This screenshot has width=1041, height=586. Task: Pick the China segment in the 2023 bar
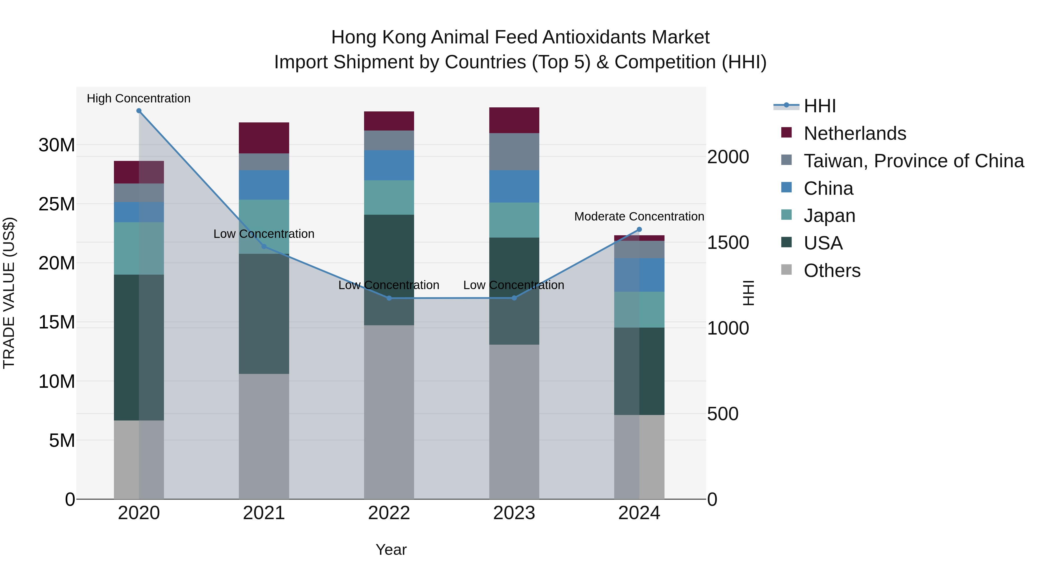514,186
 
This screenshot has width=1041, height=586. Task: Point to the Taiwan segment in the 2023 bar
514,151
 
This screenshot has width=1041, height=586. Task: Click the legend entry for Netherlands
855,133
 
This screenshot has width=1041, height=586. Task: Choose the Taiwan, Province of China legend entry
913,161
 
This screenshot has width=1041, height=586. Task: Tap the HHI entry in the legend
819,106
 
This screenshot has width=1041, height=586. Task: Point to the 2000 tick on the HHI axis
728,157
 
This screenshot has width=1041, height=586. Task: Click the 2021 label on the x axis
264,513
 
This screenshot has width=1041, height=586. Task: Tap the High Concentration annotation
139,98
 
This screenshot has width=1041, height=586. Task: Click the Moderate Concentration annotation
639,216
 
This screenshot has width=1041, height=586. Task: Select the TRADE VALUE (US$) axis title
9,293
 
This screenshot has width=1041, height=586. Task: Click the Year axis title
391,550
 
